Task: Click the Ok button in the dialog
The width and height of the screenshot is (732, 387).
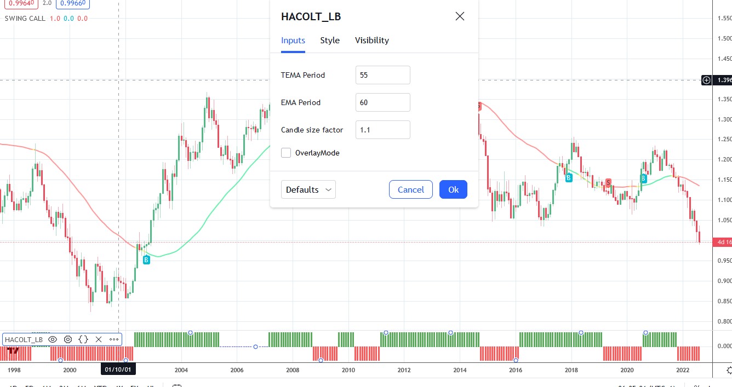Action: coord(453,189)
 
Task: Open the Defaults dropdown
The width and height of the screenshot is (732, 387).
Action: coord(308,189)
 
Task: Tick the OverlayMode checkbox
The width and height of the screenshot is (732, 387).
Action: coord(286,153)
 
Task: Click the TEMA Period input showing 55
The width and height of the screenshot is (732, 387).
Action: coord(382,75)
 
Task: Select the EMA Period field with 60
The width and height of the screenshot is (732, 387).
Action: coord(382,102)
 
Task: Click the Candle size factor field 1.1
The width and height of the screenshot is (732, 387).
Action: coord(382,130)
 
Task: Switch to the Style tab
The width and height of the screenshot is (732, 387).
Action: coord(330,41)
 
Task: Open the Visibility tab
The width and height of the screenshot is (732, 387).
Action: coord(371,41)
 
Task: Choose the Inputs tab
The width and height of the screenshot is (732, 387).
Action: coord(293,41)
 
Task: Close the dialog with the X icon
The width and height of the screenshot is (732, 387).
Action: coord(460,16)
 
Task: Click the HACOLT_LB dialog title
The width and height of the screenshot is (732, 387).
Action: coord(311,16)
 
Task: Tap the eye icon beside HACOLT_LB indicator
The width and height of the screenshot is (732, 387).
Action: coord(53,339)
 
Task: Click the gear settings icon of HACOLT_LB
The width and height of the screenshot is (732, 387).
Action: coord(68,339)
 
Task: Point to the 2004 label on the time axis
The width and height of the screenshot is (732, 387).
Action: coord(181,369)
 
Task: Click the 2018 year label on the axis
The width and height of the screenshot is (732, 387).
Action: coord(571,369)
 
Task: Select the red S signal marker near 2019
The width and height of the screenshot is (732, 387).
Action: coord(608,182)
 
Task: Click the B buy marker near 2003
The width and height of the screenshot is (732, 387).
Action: coord(146,260)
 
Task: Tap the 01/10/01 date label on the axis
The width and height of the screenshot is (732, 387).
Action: coord(118,369)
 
